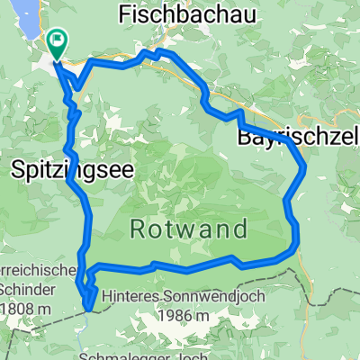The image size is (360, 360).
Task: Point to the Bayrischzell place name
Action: pyautogui.click(x=298, y=138)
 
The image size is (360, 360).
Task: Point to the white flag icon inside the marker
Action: pyautogui.click(x=58, y=39)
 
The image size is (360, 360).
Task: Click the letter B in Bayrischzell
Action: pyautogui.click(x=243, y=138)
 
